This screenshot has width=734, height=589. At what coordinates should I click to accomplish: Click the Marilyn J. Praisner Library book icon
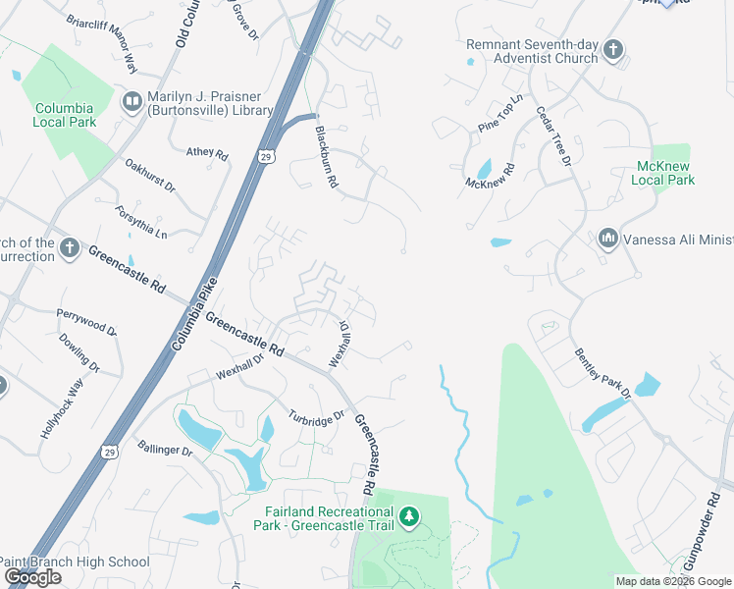[131, 102]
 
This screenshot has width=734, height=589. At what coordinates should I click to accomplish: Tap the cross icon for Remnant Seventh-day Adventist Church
[613, 49]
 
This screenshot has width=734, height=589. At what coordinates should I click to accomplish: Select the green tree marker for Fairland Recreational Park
[408, 515]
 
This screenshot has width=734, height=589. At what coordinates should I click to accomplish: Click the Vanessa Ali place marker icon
[607, 239]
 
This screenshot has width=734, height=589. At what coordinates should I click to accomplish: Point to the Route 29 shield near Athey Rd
[267, 156]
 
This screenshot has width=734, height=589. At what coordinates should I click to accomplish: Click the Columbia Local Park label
[65, 115]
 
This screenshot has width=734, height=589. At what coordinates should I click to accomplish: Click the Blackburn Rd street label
[326, 157]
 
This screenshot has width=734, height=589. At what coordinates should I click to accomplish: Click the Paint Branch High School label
[75, 562]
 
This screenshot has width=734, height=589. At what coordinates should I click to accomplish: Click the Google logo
[32, 577]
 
